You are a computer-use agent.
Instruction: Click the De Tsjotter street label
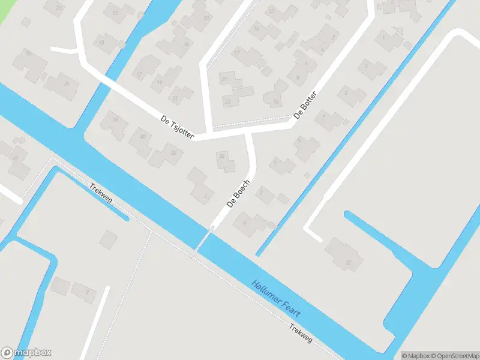point(178,128)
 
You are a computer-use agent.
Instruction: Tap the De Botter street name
point(305,106)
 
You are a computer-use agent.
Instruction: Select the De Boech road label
point(238,193)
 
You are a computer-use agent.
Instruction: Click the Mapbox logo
point(26,353)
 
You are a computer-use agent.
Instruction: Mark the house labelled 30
point(143,137)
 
